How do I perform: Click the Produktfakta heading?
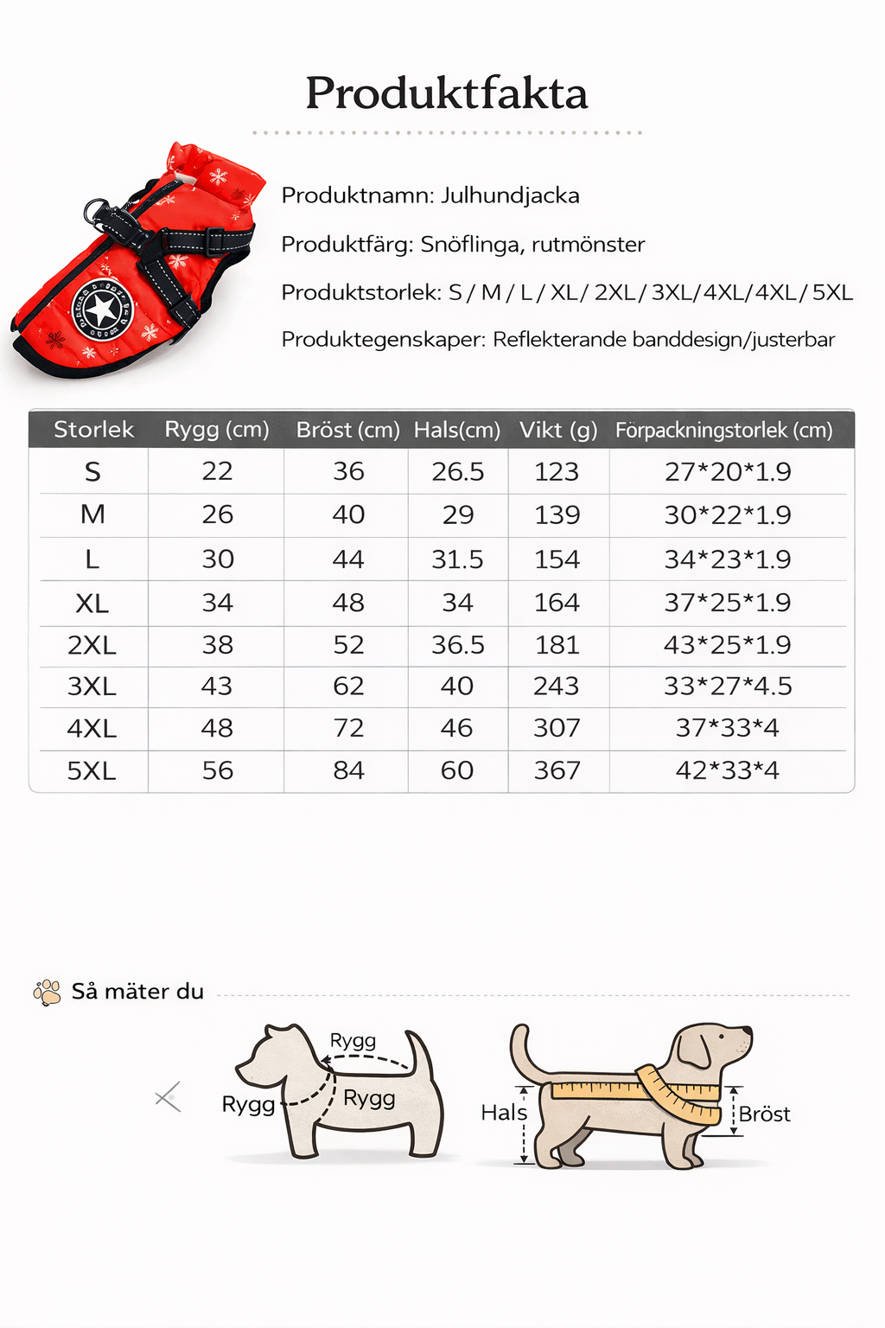tap(446, 93)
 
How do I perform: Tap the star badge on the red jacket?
tap(103, 309)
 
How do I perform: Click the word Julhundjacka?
tap(510, 195)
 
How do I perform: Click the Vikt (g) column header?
tap(558, 430)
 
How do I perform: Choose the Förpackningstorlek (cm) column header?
tap(723, 430)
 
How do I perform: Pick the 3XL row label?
tap(92, 686)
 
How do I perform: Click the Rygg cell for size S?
tap(217, 471)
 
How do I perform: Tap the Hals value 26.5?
tap(457, 471)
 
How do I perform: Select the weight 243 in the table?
tap(556, 686)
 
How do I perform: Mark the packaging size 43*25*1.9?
tap(727, 645)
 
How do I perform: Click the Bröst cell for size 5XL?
tap(348, 770)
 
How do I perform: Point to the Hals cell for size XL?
tap(457, 603)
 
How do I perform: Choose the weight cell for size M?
tap(557, 515)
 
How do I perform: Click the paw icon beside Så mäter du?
tap(47, 992)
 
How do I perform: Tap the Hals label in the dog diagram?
tap(504, 1112)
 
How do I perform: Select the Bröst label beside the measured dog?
tap(764, 1114)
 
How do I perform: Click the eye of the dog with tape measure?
tap(723, 1037)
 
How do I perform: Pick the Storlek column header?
tap(93, 430)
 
